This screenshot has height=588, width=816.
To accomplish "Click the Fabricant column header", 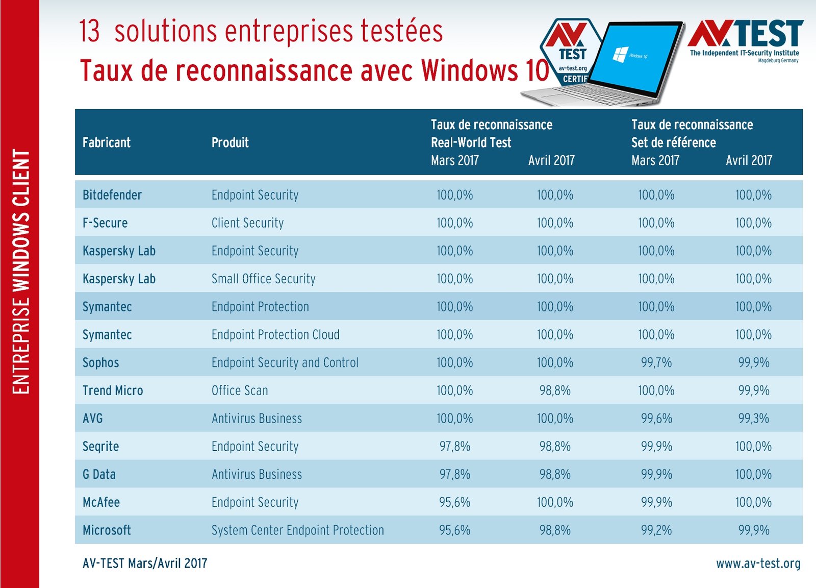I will click(107, 142).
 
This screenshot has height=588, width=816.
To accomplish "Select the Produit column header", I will click(230, 142).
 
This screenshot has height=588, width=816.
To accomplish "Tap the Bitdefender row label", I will click(112, 195).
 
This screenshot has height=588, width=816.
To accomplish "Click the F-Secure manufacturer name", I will click(105, 223).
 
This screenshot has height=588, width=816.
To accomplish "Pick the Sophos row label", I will click(100, 363).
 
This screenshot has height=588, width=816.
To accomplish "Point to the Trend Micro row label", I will click(113, 391).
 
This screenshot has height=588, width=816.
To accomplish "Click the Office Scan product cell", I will click(240, 391).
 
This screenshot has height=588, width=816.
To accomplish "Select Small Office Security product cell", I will click(264, 279).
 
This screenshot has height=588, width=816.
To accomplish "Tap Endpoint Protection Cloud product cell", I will click(275, 335).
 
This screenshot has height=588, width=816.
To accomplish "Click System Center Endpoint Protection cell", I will click(298, 530).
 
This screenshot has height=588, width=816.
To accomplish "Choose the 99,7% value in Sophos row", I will click(656, 363).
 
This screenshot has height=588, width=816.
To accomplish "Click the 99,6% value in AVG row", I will click(656, 419).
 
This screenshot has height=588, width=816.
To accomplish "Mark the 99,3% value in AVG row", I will click(754, 419).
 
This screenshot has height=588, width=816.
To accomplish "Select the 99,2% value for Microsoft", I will click(656, 530).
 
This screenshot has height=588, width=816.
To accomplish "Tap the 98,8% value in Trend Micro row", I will click(555, 391).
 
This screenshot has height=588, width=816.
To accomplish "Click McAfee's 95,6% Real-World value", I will click(454, 503).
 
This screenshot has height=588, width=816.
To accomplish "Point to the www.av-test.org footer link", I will click(758, 563).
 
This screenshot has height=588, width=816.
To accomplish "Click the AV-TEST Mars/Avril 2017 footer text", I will click(145, 563).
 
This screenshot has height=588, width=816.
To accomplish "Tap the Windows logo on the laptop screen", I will click(620, 54).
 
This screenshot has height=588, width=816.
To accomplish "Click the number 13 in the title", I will click(90, 31).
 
